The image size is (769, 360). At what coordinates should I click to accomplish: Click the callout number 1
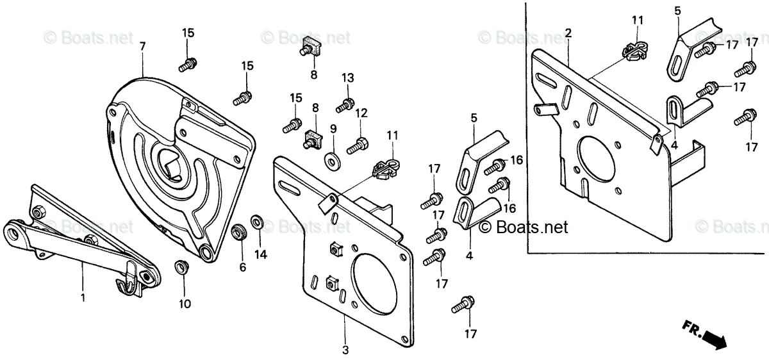tap(83, 299)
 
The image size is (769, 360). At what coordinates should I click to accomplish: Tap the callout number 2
tap(568, 33)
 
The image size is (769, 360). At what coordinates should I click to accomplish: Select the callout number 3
tap(345, 350)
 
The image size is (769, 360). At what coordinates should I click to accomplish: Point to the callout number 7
tap(142, 46)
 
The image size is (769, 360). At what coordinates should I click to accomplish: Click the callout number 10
tap(185, 304)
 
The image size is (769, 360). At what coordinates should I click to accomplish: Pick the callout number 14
tap(260, 254)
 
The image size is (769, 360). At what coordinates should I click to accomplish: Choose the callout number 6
tap(242, 267)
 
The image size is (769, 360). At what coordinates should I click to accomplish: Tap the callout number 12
tap(361, 113)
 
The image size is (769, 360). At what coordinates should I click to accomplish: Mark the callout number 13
tap(347, 78)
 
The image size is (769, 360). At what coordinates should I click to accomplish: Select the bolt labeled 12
tap(356, 145)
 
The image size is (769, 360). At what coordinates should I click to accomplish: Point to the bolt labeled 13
tap(346, 103)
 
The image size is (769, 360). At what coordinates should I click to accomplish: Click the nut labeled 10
tap(183, 266)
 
